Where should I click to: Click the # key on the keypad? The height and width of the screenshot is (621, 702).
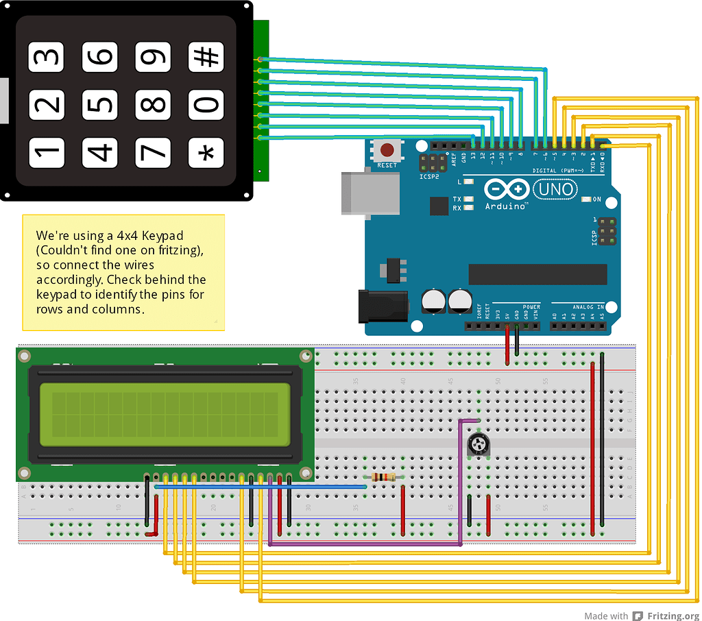(x=206, y=58)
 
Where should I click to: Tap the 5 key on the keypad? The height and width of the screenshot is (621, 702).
(x=100, y=105)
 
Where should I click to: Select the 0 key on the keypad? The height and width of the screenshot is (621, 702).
(x=206, y=105)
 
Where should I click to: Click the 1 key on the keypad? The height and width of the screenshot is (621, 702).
(x=46, y=153)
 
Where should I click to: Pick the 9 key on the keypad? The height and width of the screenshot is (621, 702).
(x=153, y=58)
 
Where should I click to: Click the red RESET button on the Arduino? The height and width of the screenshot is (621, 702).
(x=387, y=149)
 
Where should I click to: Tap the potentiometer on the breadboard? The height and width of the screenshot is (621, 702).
(x=479, y=446)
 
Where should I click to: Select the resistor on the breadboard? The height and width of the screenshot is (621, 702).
(x=383, y=477)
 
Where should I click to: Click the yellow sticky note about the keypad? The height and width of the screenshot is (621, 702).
(x=123, y=271)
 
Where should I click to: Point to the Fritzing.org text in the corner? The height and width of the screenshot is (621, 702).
(x=673, y=616)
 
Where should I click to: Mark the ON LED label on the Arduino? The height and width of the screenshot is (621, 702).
(x=596, y=199)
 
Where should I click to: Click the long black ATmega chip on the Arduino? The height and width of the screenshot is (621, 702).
(x=537, y=274)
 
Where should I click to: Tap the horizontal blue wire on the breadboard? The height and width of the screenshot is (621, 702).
(x=261, y=487)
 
